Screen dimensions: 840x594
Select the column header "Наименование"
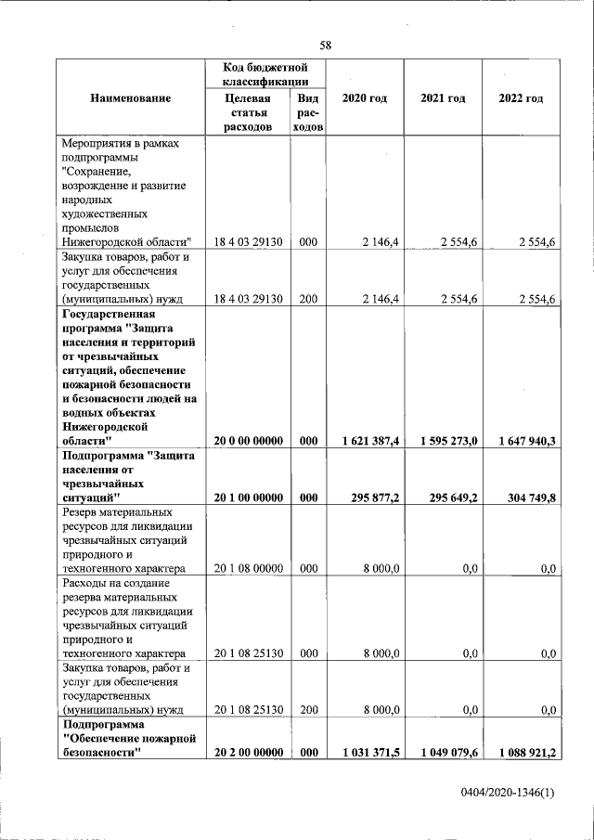(131, 98)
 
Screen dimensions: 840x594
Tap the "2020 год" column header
(365, 98)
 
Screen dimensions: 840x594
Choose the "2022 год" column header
(521, 98)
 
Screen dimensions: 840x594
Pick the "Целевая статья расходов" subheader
(250, 112)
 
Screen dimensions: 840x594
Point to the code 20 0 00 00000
(249, 442)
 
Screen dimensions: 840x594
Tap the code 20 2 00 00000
(249, 753)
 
